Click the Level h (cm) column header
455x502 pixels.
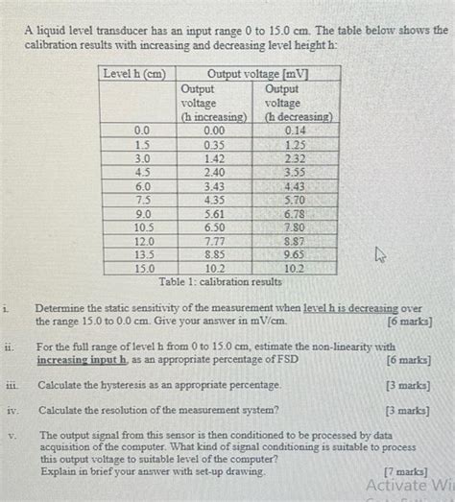pyautogui.click(x=133, y=74)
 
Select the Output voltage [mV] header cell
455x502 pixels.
pyautogui.click(x=257, y=74)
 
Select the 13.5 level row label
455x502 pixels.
pyautogui.click(x=143, y=256)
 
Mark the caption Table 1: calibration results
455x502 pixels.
pyautogui.click(x=221, y=282)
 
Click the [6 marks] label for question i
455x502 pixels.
pyautogui.click(x=410, y=321)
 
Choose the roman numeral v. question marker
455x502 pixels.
pyautogui.click(x=10, y=434)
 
